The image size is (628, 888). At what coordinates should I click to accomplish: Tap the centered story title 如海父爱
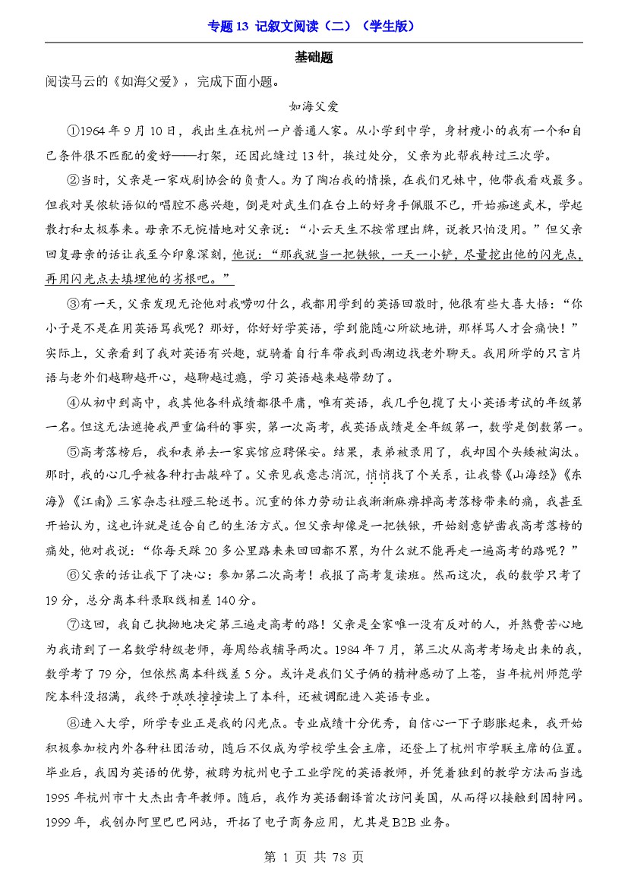[x=314, y=106]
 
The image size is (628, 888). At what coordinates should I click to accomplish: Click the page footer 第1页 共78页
[x=314, y=858]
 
